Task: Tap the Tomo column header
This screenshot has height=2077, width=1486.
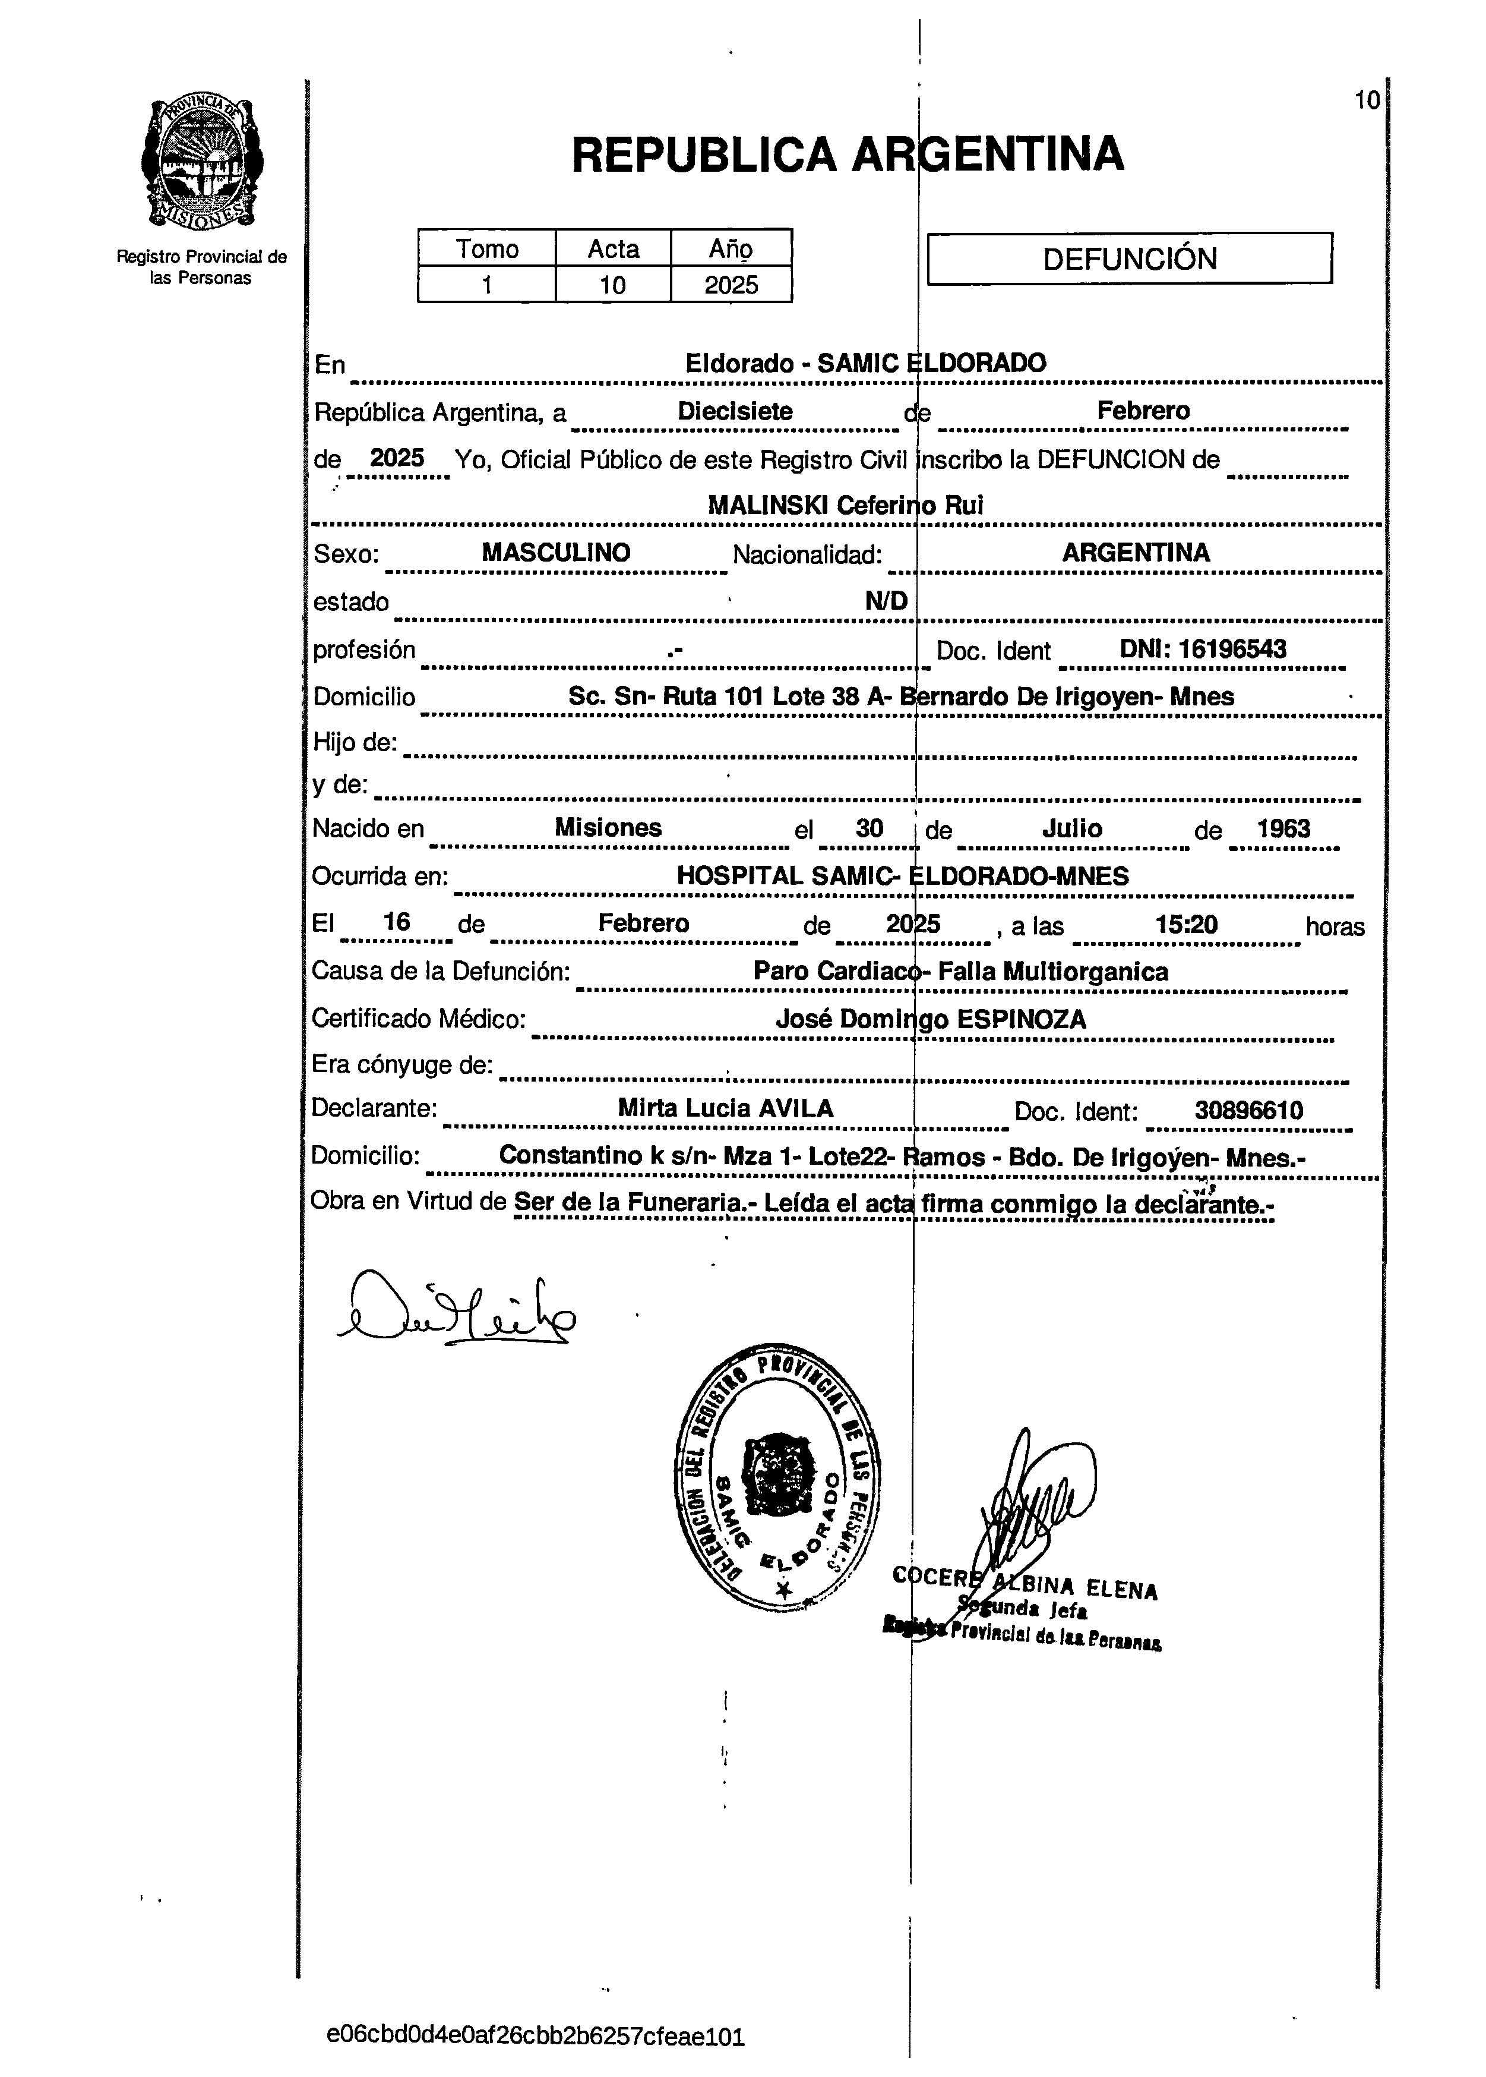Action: click(487, 248)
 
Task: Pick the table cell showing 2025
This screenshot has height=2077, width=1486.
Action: click(731, 285)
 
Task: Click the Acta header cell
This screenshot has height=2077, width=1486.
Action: click(613, 248)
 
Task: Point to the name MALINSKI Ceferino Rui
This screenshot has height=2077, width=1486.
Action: click(846, 505)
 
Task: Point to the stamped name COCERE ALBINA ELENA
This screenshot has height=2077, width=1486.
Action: click(1025, 1586)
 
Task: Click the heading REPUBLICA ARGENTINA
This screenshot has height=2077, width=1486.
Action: click(848, 154)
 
